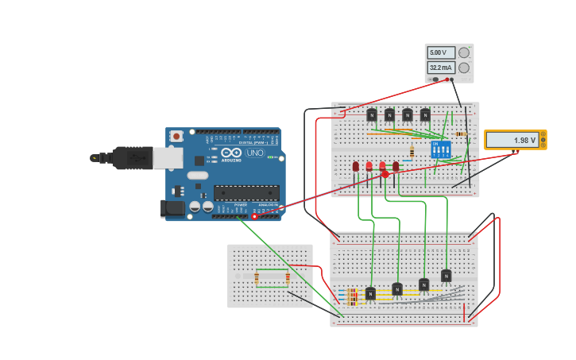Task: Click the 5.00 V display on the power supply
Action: [441, 52]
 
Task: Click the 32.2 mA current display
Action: [441, 68]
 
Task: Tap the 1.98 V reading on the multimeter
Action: [512, 140]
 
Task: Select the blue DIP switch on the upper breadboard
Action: [440, 149]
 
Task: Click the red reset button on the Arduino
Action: [176, 137]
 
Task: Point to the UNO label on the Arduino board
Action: [255, 153]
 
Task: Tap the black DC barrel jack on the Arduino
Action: [172, 209]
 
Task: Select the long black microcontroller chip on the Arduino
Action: [246, 192]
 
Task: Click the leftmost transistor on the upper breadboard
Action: [371, 114]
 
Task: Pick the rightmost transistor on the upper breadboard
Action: [425, 114]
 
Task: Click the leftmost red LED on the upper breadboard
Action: [356, 167]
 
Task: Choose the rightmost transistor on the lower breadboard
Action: [446, 276]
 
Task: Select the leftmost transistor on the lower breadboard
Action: [370, 293]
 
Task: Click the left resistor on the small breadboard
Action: [257, 277]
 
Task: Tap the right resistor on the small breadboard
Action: [288, 277]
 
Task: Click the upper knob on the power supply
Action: [464, 52]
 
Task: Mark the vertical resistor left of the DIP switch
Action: [412, 151]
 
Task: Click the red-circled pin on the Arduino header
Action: [255, 216]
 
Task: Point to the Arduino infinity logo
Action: [231, 153]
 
